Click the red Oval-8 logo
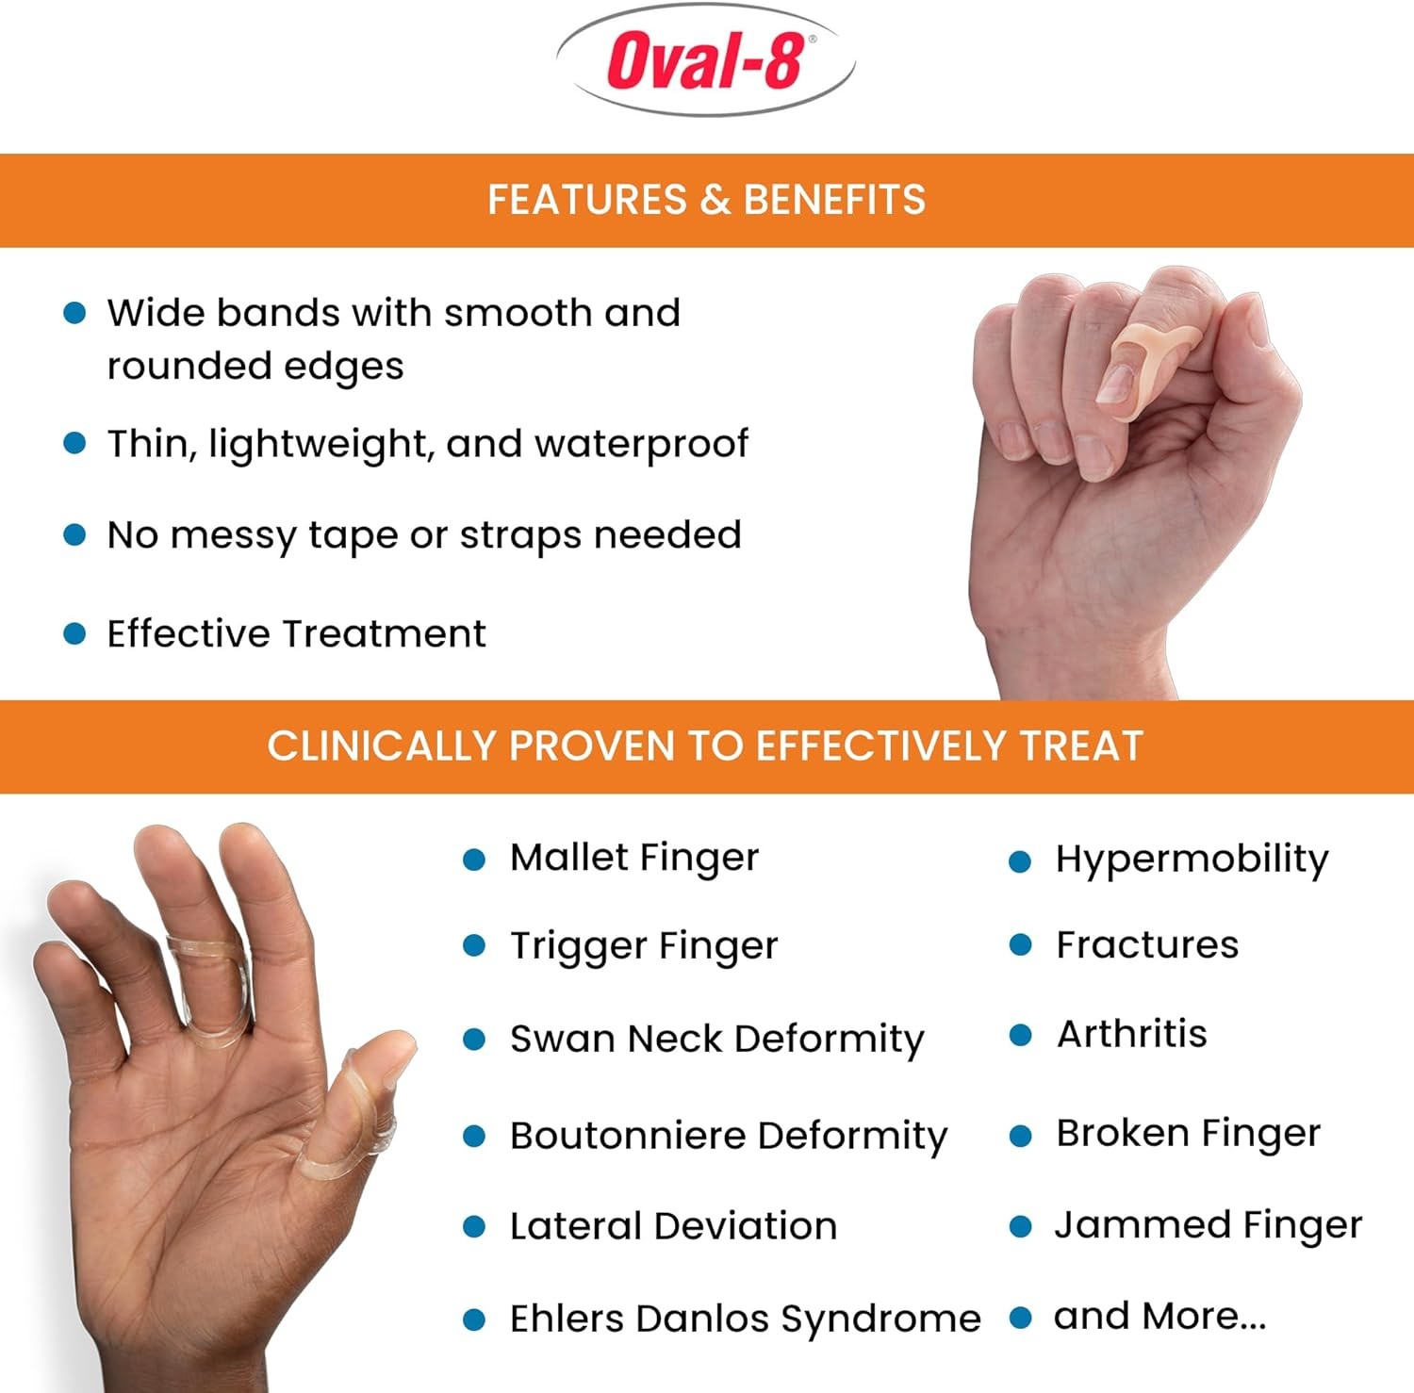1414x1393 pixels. click(x=706, y=61)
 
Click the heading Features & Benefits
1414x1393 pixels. click(x=706, y=200)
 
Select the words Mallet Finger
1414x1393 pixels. click(x=634, y=858)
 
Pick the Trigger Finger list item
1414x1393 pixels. click(x=644, y=945)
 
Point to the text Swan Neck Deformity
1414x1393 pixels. click(x=717, y=1039)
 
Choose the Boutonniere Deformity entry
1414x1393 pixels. click(x=729, y=1136)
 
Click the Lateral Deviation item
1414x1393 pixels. click(x=673, y=1226)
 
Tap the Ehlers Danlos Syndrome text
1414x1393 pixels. click(x=746, y=1319)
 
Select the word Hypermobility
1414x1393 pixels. click(x=1192, y=859)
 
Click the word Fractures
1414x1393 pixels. click(x=1147, y=944)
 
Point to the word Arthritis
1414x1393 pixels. click(x=1132, y=1034)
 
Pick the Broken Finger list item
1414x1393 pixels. click(x=1188, y=1133)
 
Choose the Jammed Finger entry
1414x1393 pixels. click(x=1208, y=1225)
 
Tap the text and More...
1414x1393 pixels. click(x=1159, y=1316)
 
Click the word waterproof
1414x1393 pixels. click(x=641, y=444)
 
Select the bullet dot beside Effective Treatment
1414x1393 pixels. click(x=74, y=633)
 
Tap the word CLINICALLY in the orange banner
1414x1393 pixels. click(x=381, y=746)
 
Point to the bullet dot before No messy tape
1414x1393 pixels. click(x=74, y=535)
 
